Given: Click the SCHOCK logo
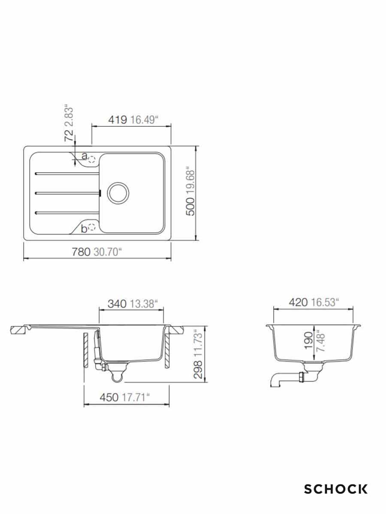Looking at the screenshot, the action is (x=336, y=490).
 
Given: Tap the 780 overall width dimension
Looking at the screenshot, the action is (x=81, y=252).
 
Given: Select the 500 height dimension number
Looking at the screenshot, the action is (x=190, y=206).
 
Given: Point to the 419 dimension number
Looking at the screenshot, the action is (x=118, y=120).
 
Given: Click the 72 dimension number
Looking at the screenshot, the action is (x=69, y=135).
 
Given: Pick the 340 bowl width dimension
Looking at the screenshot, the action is (x=117, y=304).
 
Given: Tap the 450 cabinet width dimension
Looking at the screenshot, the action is (x=109, y=397).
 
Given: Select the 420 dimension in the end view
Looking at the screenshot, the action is (x=298, y=302).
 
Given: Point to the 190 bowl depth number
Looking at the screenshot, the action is (x=308, y=341).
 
